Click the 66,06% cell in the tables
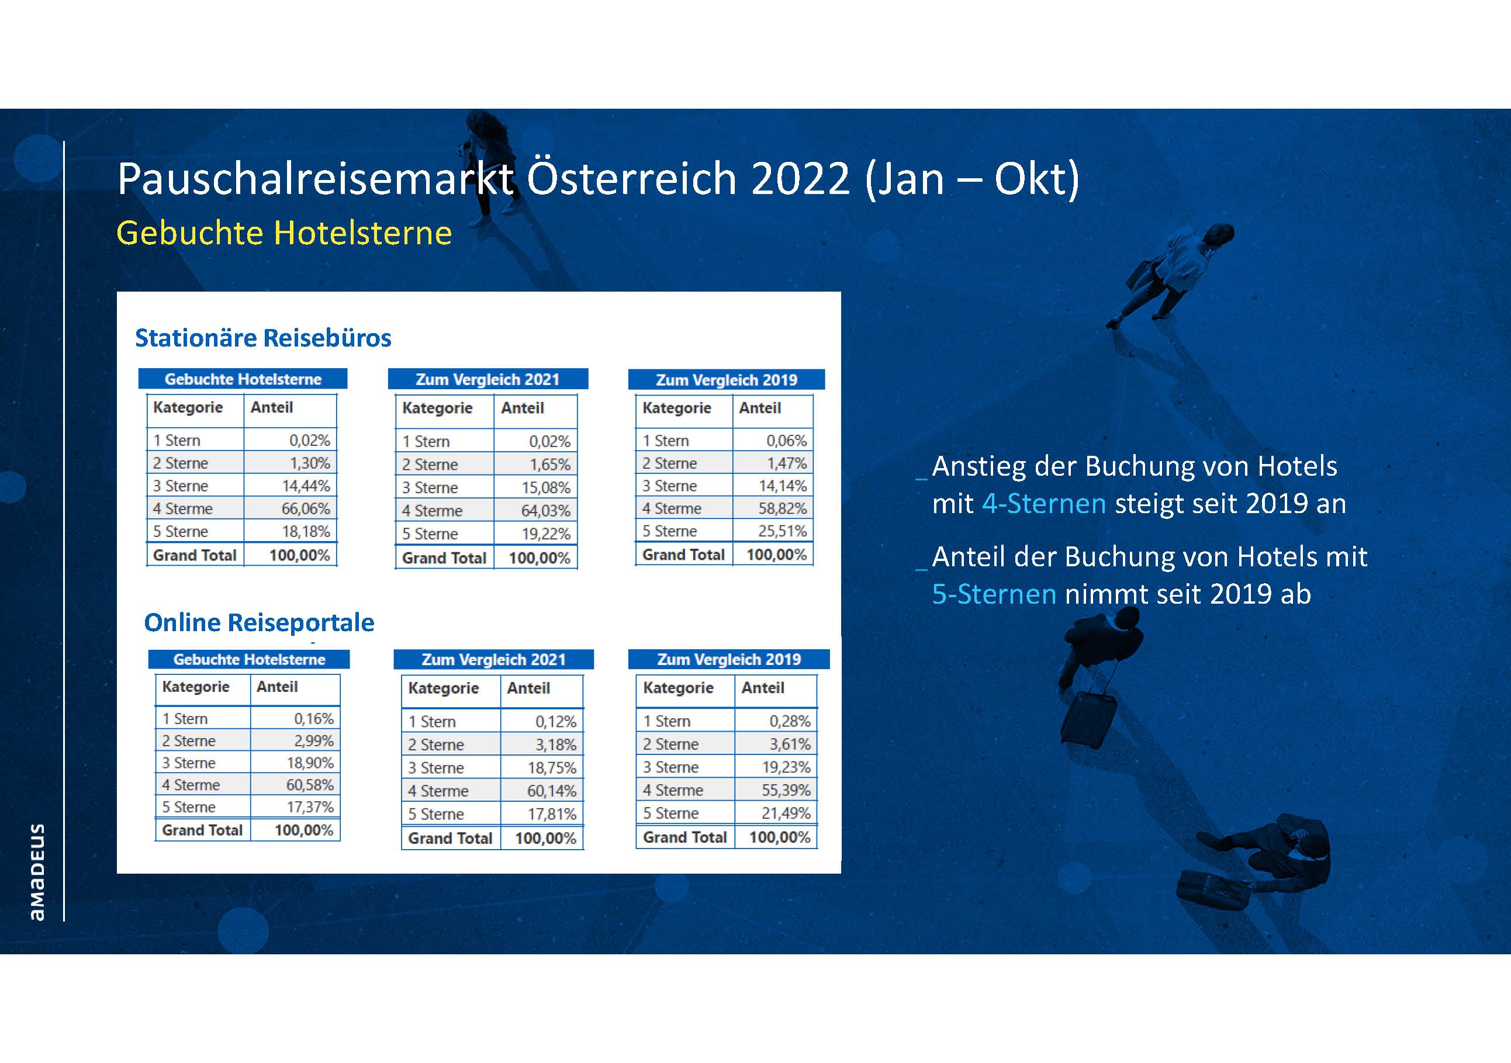[x=306, y=508]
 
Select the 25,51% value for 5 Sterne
[x=782, y=531]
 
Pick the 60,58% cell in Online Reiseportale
[x=309, y=785]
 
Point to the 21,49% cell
[x=786, y=813]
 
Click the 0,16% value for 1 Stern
[x=314, y=718]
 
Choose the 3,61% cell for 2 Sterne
[x=790, y=744]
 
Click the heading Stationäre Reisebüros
[x=263, y=337]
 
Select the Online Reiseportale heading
[x=260, y=622]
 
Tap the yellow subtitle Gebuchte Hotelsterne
[x=284, y=233]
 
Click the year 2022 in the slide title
[x=800, y=178]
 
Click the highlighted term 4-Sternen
[x=1044, y=504]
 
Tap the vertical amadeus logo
[x=37, y=871]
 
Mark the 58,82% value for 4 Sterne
[x=782, y=508]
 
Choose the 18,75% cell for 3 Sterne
[x=551, y=768]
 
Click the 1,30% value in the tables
[x=310, y=463]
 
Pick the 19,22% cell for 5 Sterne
[x=546, y=534]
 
